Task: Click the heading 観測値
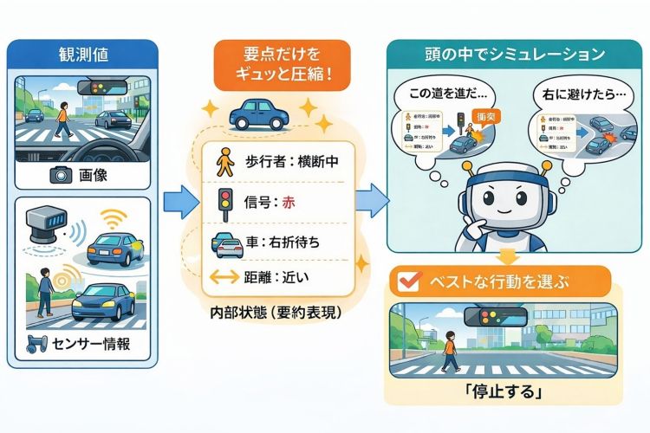(83, 56)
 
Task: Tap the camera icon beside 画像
(60, 175)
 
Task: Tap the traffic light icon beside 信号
(224, 203)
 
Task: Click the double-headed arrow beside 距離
(224, 278)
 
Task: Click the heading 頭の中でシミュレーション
(504, 56)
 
